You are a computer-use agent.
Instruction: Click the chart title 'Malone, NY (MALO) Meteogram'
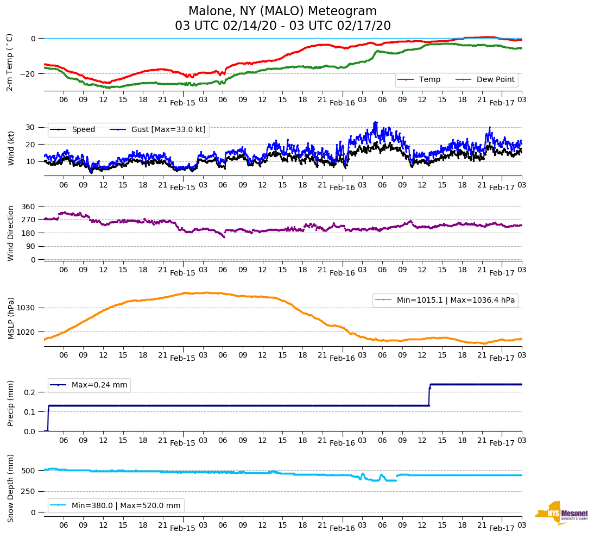point(282,11)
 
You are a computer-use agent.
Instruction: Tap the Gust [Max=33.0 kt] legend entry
point(158,129)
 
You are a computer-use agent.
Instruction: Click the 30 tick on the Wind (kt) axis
point(31,127)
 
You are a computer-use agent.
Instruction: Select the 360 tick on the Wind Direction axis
point(28,207)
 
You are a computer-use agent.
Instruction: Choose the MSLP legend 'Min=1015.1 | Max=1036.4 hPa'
point(445,300)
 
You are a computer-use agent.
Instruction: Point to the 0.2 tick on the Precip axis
point(30,392)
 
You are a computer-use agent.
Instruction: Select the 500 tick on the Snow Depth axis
point(29,471)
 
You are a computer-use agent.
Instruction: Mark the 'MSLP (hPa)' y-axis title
point(11,318)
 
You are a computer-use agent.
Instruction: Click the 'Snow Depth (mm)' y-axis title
point(11,487)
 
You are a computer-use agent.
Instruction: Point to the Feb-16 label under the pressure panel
point(342,358)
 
